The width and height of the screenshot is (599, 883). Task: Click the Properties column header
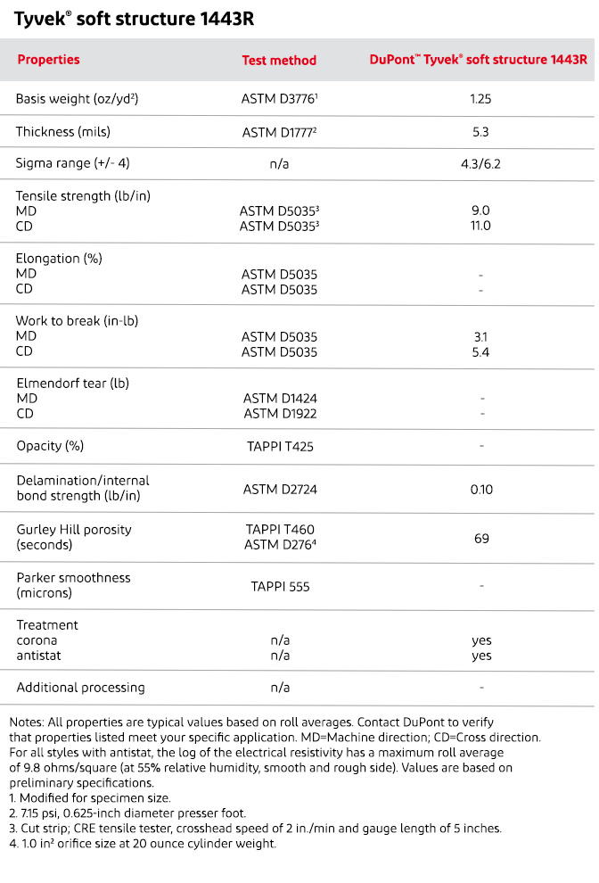48,60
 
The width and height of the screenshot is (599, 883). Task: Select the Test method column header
279,61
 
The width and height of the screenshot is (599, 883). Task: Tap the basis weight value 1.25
480,99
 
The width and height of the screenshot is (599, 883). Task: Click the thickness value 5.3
480,132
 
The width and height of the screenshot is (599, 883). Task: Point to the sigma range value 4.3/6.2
480,164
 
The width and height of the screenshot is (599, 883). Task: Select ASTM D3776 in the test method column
279,99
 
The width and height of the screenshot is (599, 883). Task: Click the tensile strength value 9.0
480,210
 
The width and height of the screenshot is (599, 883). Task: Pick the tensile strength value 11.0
480,226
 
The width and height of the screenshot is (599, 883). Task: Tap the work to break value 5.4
480,352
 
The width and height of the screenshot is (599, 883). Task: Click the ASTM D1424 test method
280,399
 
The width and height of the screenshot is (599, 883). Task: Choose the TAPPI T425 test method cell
280,445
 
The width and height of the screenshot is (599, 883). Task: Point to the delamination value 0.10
481,489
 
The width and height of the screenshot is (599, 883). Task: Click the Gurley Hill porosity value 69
481,537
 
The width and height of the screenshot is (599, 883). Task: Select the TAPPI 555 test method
280,586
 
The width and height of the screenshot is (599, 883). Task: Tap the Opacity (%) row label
50,445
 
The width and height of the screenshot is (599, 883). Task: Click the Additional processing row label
80,688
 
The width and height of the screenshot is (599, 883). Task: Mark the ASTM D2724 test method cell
280,489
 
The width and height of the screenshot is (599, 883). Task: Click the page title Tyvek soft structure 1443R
134,17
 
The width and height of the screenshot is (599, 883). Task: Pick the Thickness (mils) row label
57,132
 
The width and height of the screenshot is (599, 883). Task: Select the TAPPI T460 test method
280,530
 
